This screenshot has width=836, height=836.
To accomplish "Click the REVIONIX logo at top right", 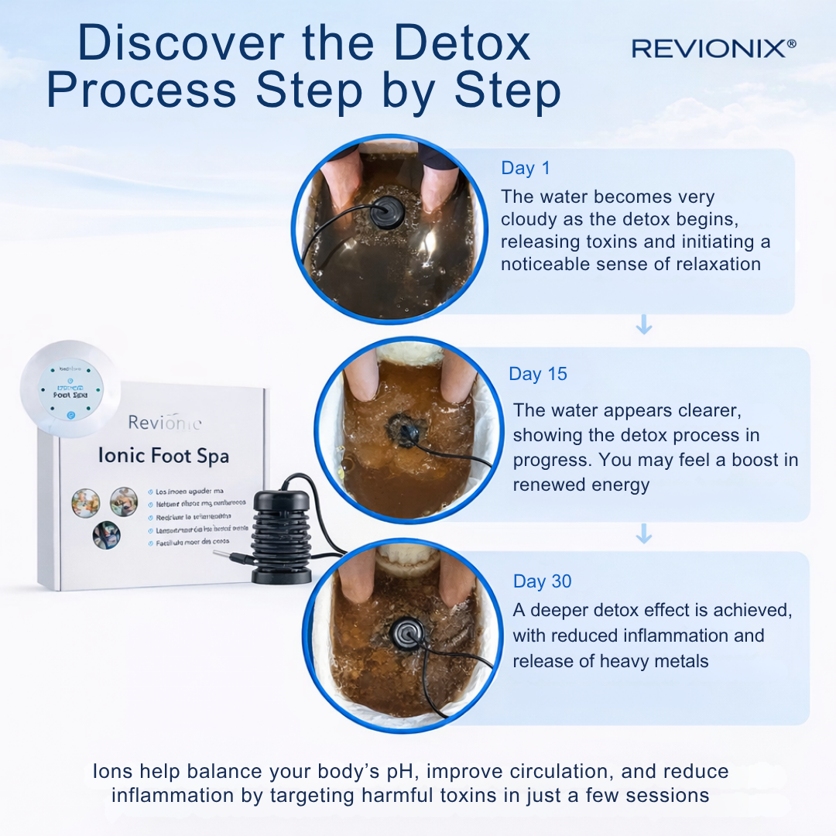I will pos(713,48).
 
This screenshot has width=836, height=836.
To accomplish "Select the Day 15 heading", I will pos(538,374).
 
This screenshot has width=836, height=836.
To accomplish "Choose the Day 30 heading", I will pos(543,581).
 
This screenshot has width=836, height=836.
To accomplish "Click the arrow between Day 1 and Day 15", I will pos(643,327).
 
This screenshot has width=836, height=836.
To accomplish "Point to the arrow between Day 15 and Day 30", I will pos(643,534).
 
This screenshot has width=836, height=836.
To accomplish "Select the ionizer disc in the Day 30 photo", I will pos(408,632).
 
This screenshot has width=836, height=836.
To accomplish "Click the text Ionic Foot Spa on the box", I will pos(163,456).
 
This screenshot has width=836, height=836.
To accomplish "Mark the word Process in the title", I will pos(141,91).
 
